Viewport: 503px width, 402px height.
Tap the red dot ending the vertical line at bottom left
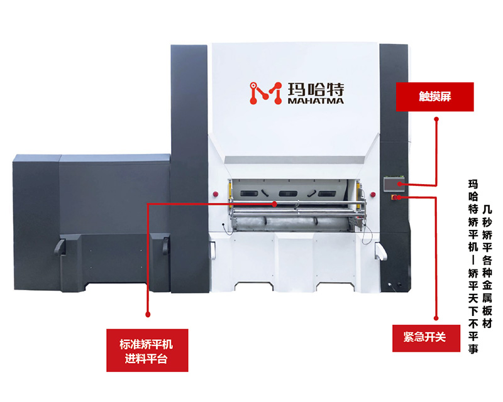147,312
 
